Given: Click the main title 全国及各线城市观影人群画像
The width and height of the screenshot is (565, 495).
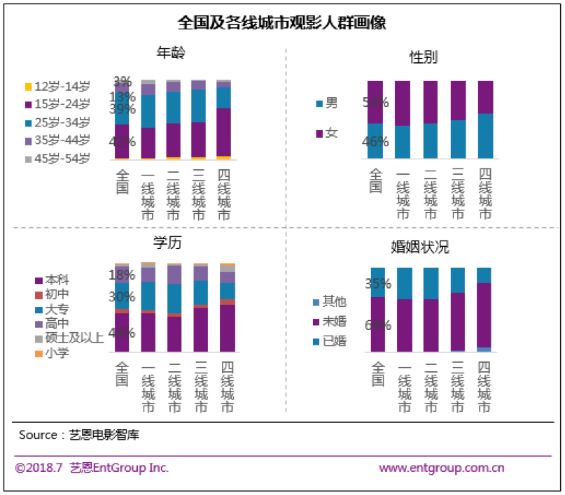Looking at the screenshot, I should [x=282, y=22].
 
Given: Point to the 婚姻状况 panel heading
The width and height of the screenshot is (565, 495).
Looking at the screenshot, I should [x=419, y=247].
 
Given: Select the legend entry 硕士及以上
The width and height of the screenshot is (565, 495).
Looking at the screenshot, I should [x=69, y=338].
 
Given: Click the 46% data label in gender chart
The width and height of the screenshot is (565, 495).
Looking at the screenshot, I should [x=375, y=142].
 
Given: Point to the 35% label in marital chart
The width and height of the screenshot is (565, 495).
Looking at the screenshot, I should [x=377, y=284].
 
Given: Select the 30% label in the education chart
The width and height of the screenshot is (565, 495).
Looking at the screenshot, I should [x=121, y=296].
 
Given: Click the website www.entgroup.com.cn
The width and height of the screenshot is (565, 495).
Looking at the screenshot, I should [x=442, y=468].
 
